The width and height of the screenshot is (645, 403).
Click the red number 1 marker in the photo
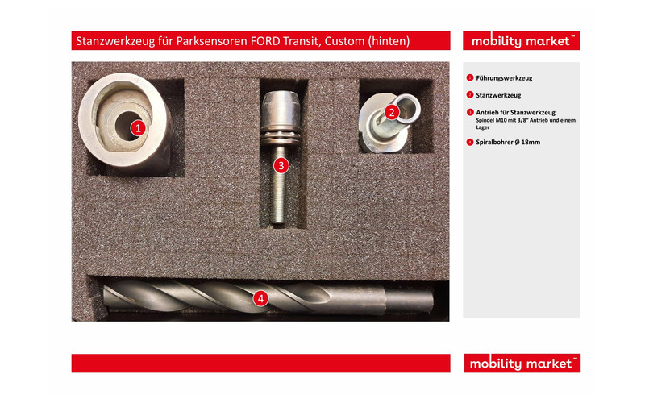(138, 128)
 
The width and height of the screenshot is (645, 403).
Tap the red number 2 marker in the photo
(392, 112)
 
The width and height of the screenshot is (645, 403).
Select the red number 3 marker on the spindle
(281, 166)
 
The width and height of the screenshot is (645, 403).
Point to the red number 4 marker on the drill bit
(260, 298)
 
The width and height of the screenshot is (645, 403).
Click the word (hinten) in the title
(389, 41)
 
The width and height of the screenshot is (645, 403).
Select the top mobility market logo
(521, 41)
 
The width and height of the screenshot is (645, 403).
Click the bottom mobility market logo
(522, 364)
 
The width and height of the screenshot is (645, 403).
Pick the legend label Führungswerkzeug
(504, 78)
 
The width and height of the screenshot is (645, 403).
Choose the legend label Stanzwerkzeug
(498, 95)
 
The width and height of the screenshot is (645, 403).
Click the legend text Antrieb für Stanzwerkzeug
(515, 112)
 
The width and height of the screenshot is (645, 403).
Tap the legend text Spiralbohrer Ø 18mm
(508, 143)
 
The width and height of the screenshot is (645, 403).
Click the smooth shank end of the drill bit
(410, 299)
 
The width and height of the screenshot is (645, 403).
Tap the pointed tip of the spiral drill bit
(106, 297)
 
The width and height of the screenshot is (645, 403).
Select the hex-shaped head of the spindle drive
(281, 106)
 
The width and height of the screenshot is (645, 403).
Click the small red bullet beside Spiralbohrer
(470, 143)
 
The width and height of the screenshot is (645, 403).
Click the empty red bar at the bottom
(260, 364)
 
